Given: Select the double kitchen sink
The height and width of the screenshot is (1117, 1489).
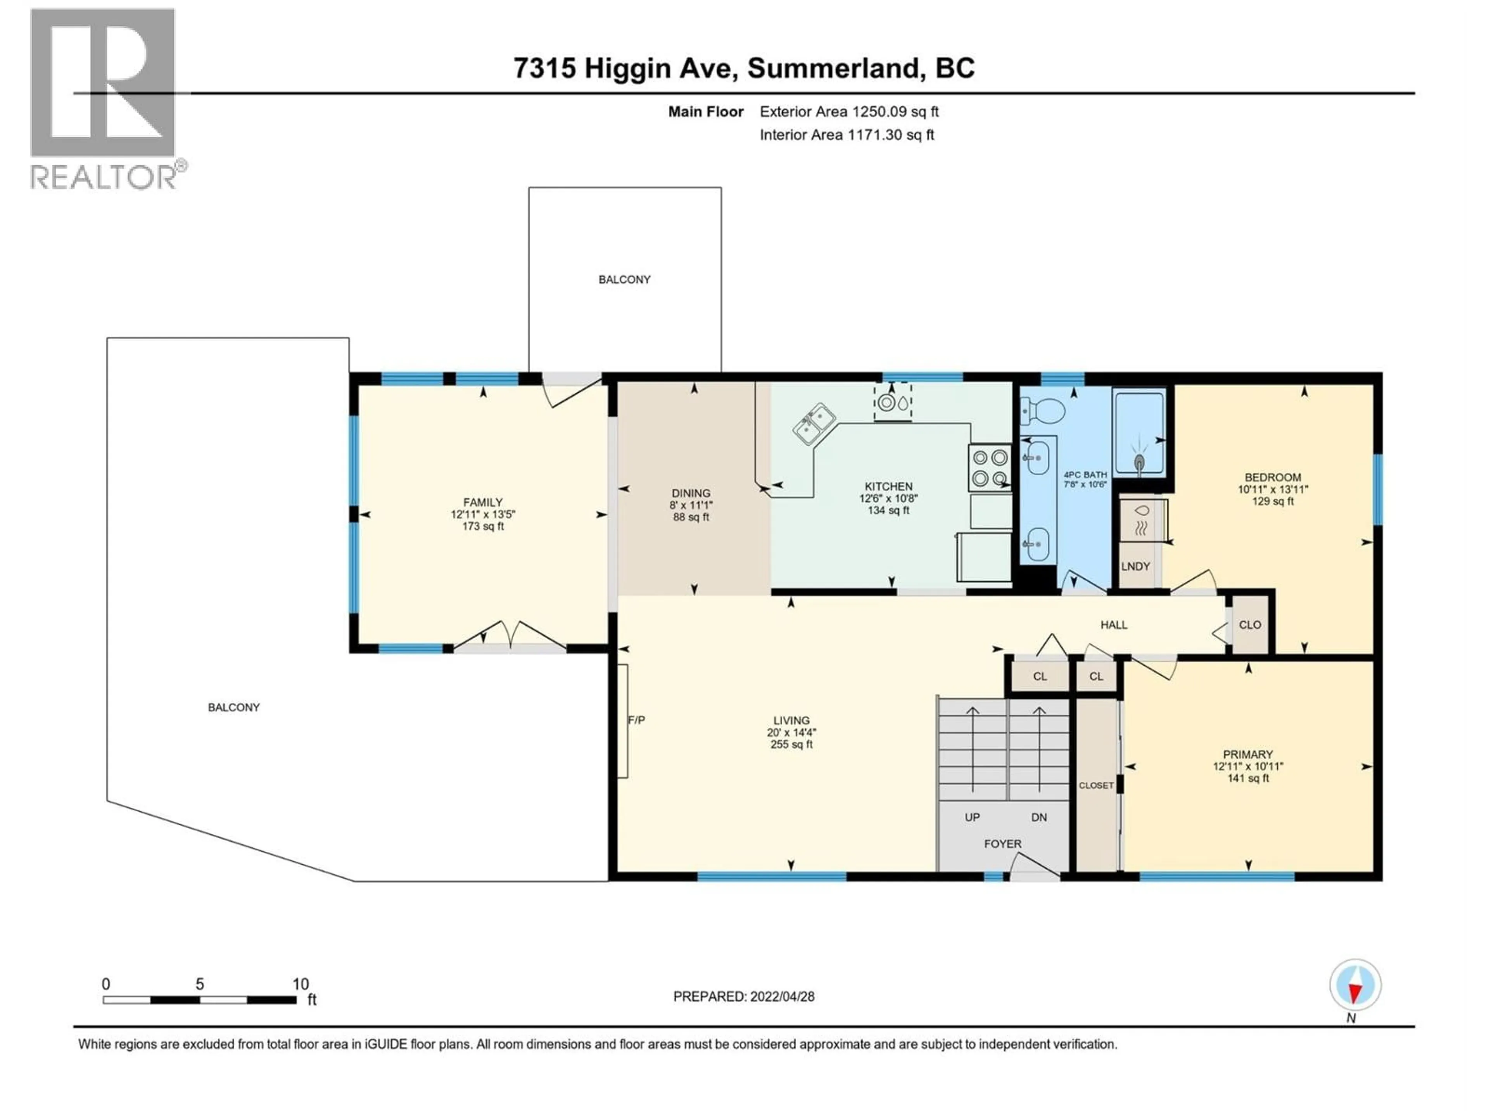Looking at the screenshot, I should click(x=815, y=424).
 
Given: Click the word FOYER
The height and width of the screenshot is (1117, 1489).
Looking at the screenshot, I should click(x=1002, y=844).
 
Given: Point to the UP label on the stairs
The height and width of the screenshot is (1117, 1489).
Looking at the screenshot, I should click(x=972, y=817).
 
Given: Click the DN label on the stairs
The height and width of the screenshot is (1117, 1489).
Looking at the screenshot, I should click(x=1039, y=817).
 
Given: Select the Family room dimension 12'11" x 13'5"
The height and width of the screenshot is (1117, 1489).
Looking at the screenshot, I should click(x=483, y=514).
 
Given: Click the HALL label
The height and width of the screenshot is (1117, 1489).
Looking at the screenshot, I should click(x=1113, y=625).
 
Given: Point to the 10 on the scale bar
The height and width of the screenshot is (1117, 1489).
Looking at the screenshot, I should click(x=300, y=984).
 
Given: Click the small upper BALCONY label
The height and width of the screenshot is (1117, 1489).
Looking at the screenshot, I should click(x=624, y=279).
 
